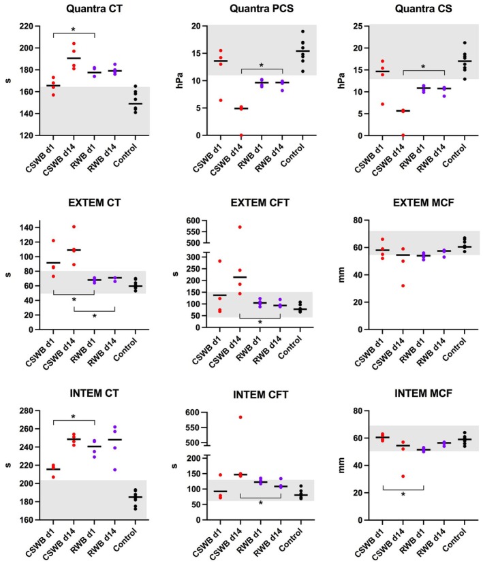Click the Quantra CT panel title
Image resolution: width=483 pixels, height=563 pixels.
[x=86, y=10]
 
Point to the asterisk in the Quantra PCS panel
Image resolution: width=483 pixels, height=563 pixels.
[x=260, y=67]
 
